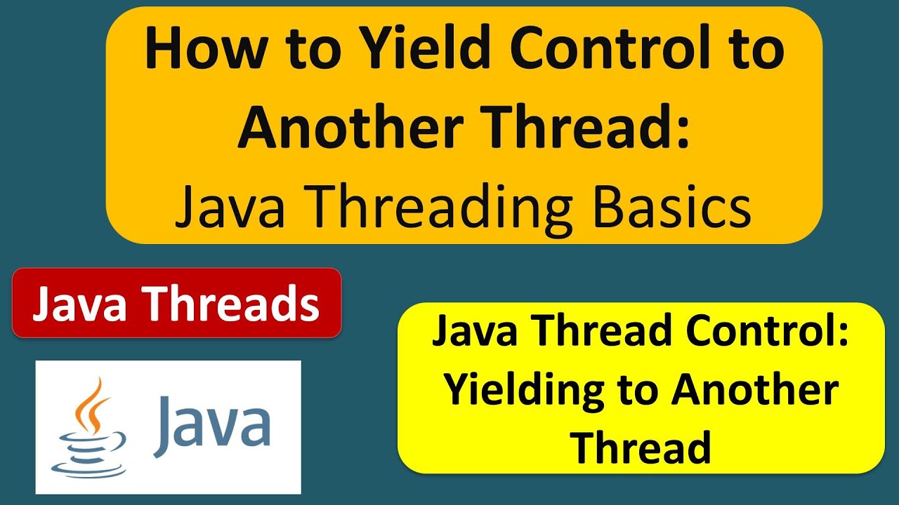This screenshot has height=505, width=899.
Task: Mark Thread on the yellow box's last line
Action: [641, 447]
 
